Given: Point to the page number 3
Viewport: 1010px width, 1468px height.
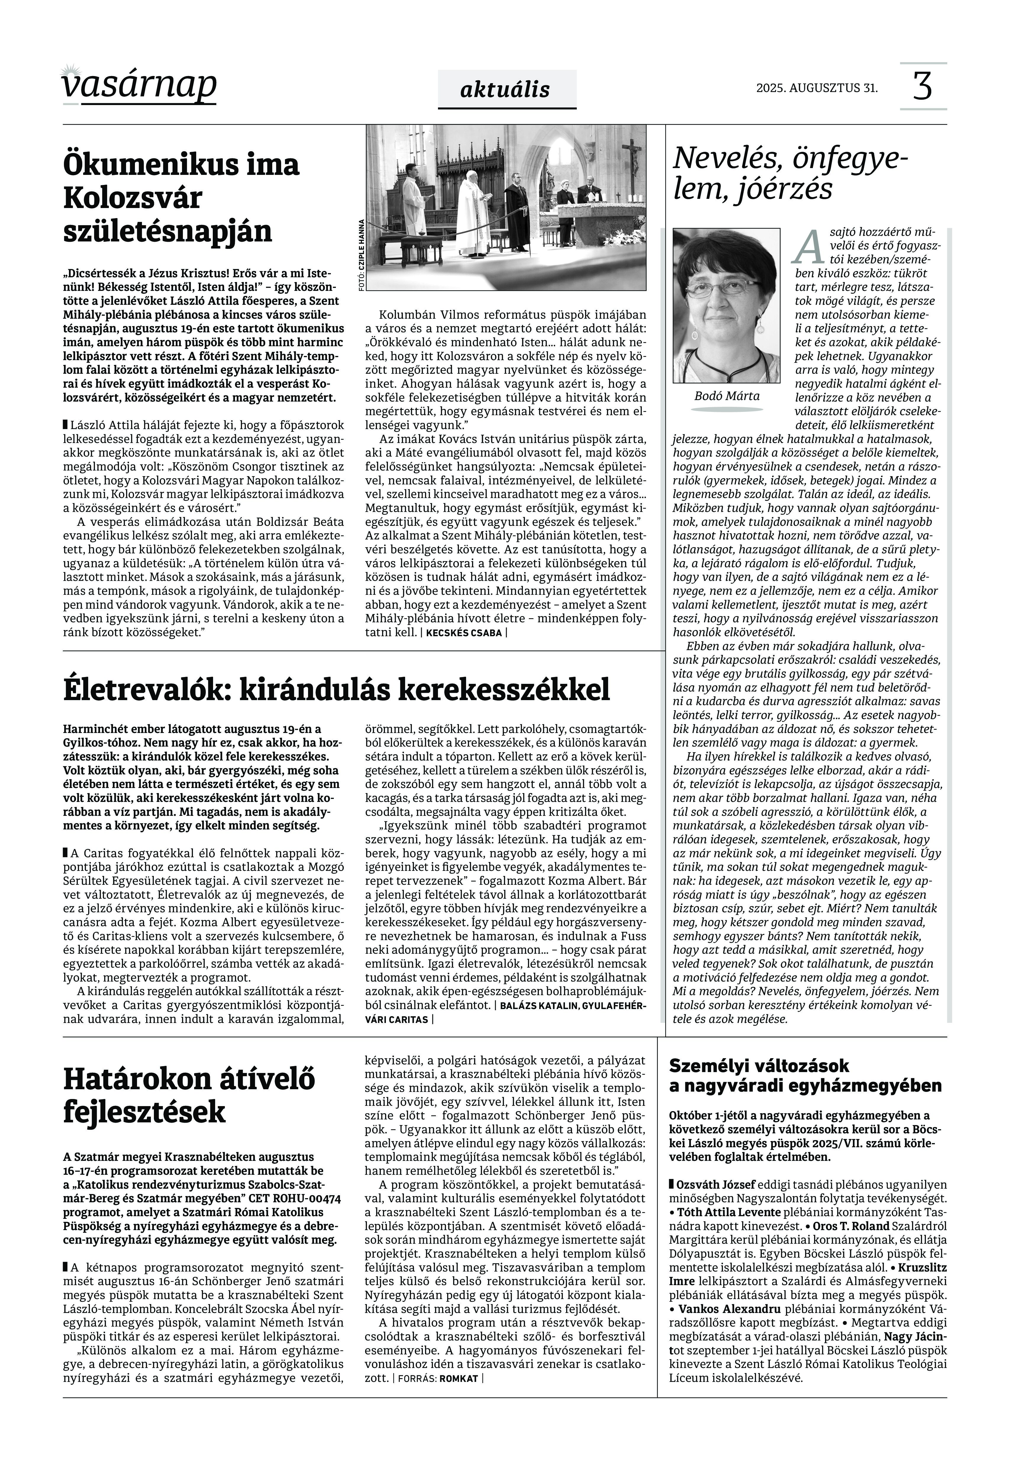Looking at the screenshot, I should pos(923,87).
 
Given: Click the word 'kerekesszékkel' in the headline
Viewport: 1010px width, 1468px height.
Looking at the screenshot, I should pos(504,690).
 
